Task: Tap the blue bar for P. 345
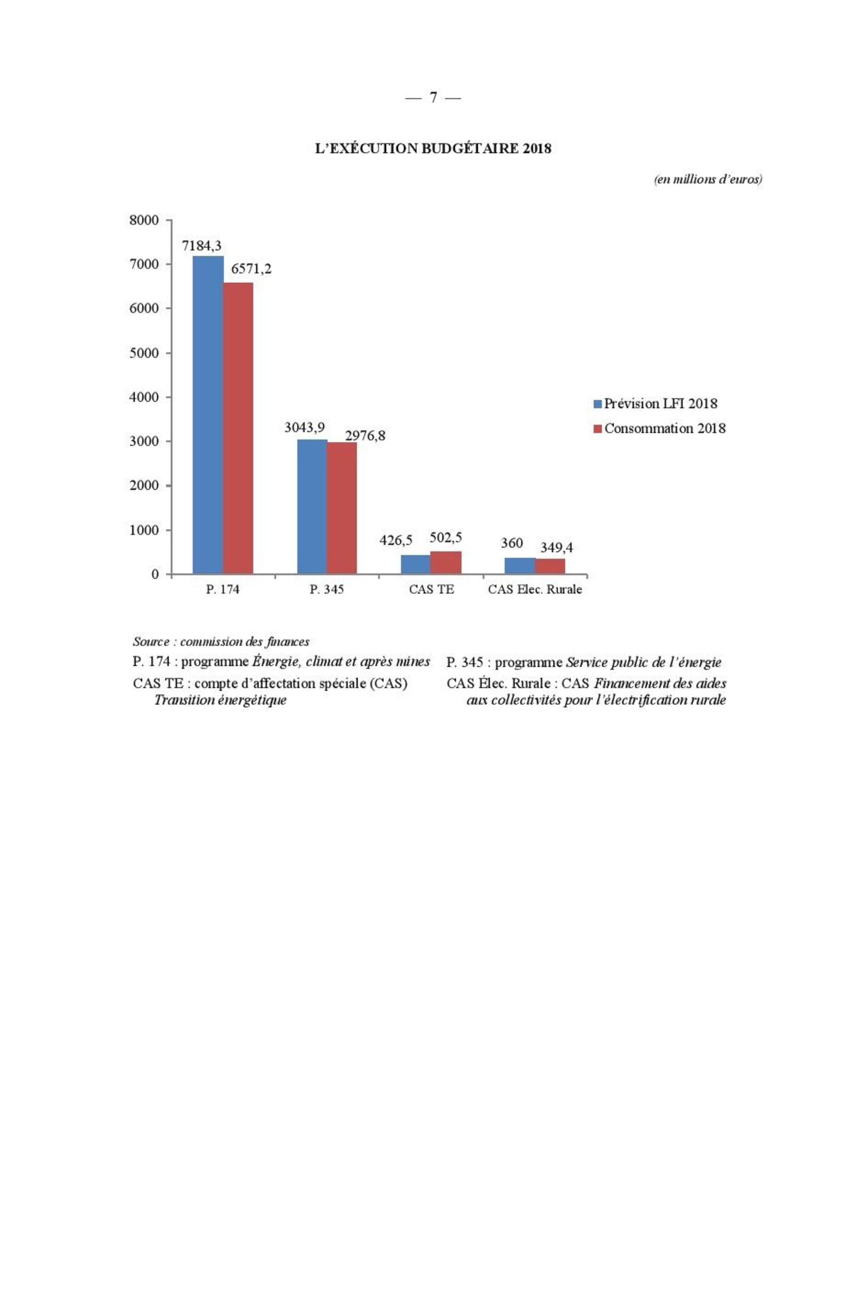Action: click(x=312, y=506)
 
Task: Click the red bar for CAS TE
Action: click(x=445, y=562)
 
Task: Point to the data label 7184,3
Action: click(x=202, y=246)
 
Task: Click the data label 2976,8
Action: click(x=365, y=436)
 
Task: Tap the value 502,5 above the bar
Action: click(x=445, y=537)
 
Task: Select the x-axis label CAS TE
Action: click(x=431, y=589)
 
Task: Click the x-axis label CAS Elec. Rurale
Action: click(x=535, y=589)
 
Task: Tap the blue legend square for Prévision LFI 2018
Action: click(x=597, y=404)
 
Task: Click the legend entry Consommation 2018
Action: click(x=664, y=428)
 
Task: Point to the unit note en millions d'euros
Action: click(x=708, y=179)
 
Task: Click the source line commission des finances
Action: click(x=221, y=642)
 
